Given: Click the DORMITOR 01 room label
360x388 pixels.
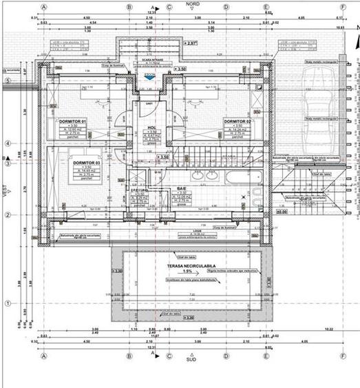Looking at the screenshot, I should [73, 121].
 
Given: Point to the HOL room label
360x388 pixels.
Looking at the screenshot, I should [151, 127].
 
